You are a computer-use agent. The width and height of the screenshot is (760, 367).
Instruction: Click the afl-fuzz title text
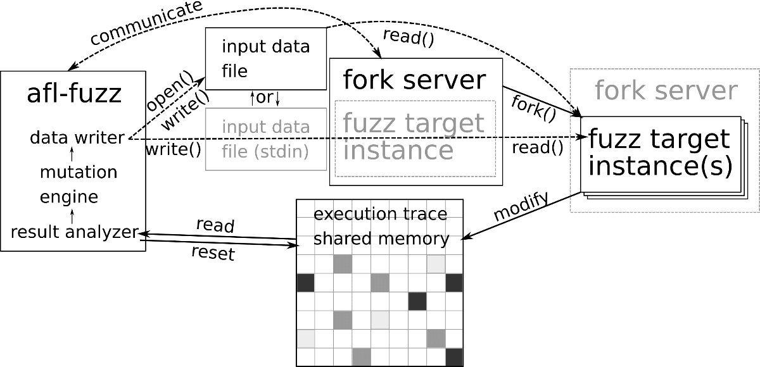coord(74,94)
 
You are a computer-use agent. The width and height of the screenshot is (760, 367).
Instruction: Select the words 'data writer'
coord(77,137)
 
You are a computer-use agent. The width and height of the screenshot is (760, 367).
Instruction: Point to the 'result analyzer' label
coord(74,232)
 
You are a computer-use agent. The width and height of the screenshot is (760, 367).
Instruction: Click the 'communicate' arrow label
coord(146,24)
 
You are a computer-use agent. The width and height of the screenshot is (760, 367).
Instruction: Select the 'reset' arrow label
coord(213,254)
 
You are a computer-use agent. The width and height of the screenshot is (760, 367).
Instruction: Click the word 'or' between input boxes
coord(265,99)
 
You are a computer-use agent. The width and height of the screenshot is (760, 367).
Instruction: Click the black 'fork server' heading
coord(414,80)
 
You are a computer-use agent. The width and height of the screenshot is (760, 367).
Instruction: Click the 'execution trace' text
coord(380,214)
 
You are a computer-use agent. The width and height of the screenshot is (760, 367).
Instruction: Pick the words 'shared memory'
coord(381,239)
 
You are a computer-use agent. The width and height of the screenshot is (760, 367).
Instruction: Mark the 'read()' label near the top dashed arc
coord(408,37)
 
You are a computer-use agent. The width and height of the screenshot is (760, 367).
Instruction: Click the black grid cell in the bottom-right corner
coord(454,357)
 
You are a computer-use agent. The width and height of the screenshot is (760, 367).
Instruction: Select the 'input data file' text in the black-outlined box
coord(265,58)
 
